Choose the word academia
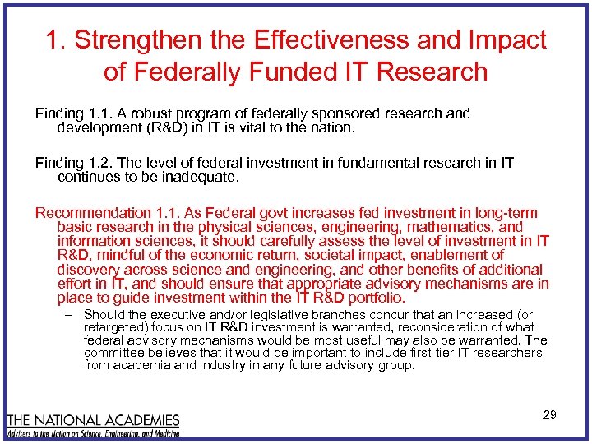tap(146, 365)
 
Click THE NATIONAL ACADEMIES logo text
tap(93, 419)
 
